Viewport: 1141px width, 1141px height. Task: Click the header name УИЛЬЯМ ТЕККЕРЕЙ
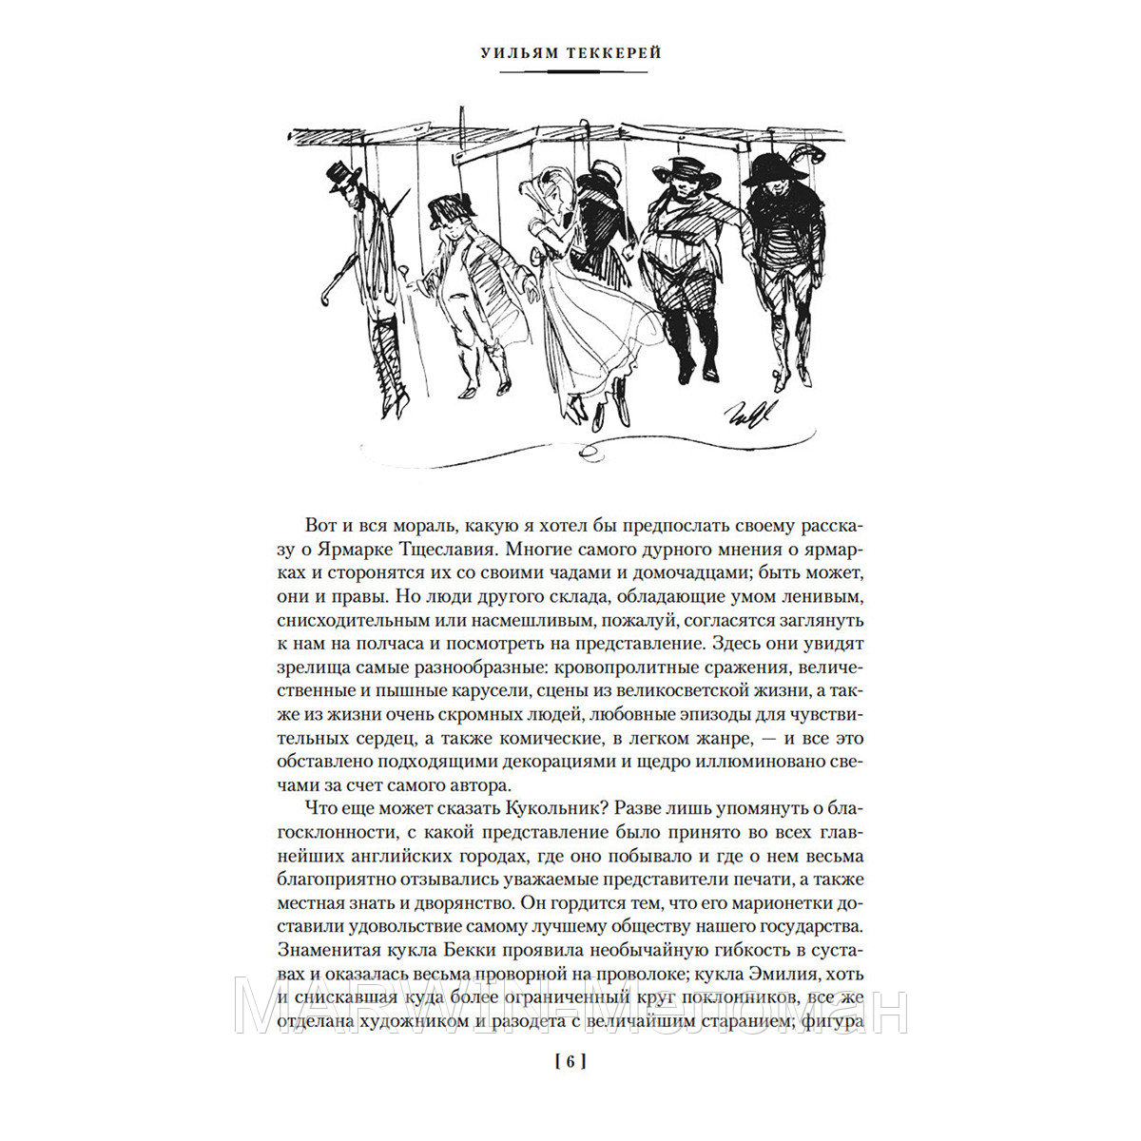(570, 54)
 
